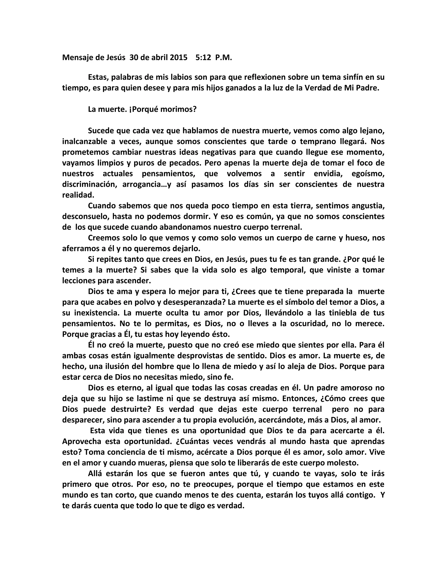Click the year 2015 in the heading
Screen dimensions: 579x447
(x=179, y=57)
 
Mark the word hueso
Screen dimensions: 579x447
(x=359, y=238)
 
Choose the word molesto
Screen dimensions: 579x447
(x=344, y=463)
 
